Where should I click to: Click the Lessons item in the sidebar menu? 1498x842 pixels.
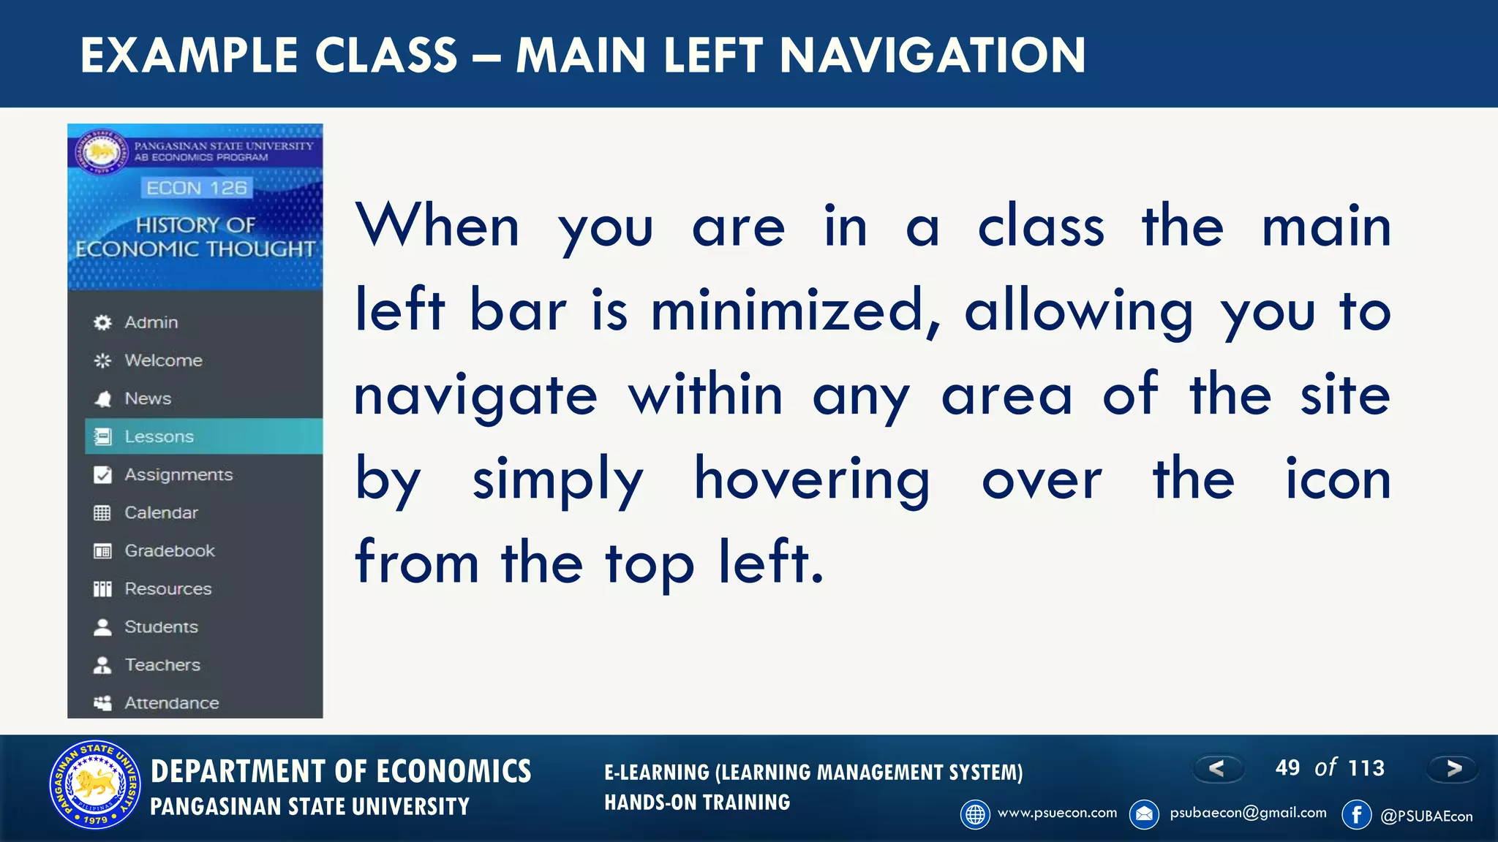[x=159, y=436]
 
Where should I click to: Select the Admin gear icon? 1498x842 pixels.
[x=102, y=322]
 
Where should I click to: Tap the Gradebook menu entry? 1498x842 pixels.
[x=169, y=551]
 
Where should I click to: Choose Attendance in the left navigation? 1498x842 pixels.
[x=171, y=703]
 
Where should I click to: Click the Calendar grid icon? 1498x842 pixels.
[x=102, y=513]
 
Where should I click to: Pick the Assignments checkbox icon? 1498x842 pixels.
[x=102, y=475]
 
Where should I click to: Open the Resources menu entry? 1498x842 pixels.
[x=168, y=589]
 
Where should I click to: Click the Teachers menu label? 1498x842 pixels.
[x=162, y=665]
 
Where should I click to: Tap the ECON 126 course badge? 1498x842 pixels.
[x=196, y=189]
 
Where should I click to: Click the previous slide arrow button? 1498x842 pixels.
[x=1217, y=768]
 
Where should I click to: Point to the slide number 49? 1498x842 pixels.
[x=1287, y=768]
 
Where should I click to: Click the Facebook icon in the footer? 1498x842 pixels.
[x=1356, y=814]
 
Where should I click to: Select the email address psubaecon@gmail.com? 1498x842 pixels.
[x=1248, y=813]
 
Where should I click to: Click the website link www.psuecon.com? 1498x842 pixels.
[x=1057, y=813]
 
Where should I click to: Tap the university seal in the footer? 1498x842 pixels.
[x=95, y=785]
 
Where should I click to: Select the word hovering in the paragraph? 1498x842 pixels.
[x=812, y=479]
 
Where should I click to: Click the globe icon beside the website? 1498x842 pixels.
[x=975, y=814]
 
